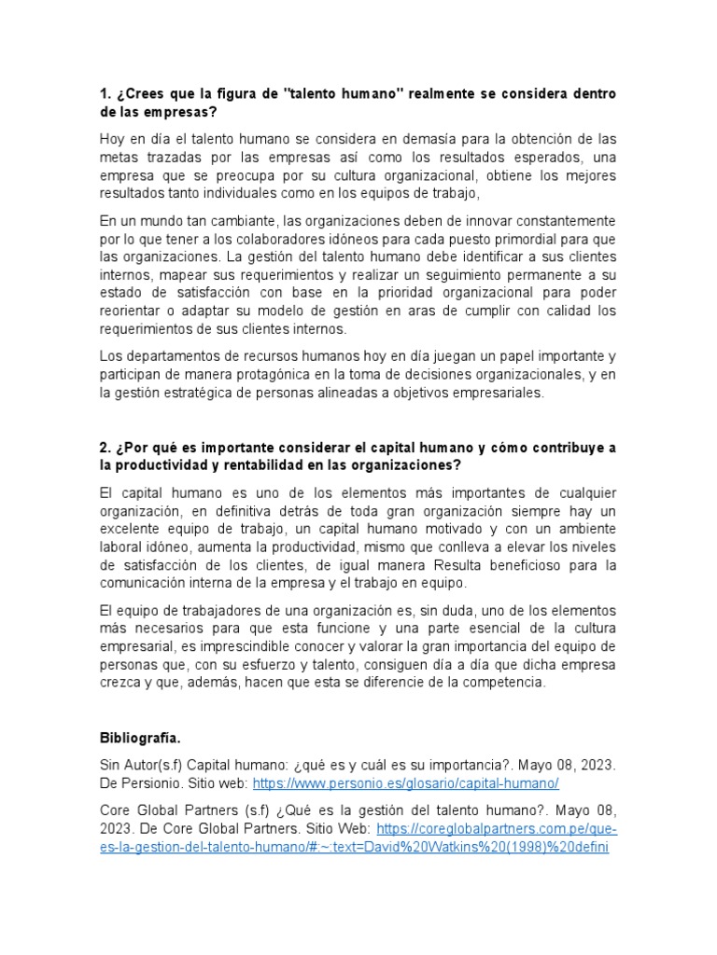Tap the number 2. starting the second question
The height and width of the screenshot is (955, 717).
tap(105, 448)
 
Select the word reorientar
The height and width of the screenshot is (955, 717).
tap(132, 311)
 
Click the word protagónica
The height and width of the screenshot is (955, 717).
tap(254, 375)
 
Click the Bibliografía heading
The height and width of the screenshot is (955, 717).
tap(141, 739)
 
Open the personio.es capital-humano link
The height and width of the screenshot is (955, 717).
tap(405, 782)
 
